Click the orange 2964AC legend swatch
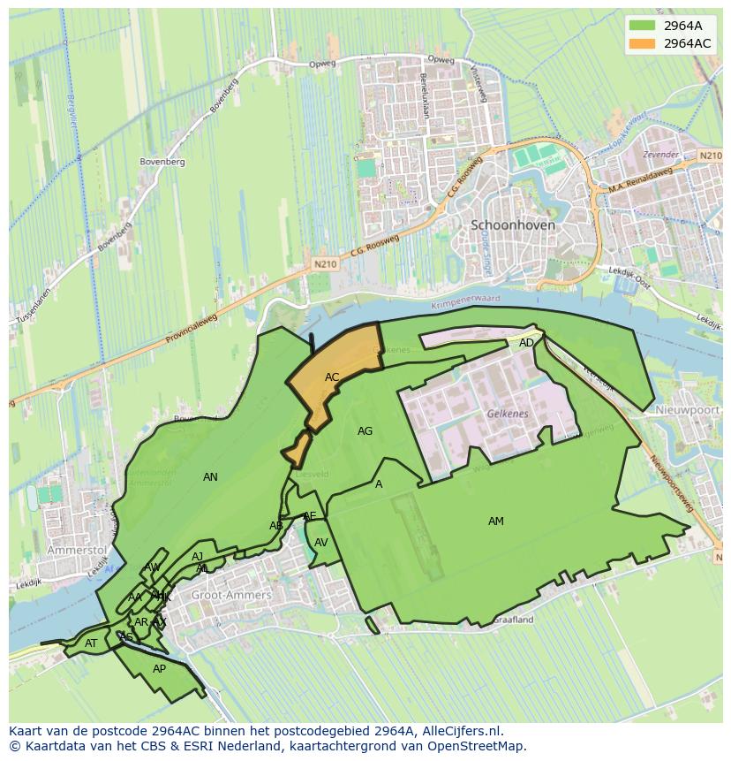643,43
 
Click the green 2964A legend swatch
643,26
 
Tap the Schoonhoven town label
513,225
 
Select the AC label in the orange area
332,377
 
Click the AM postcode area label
496,521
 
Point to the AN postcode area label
210,477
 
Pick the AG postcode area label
365,431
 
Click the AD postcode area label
526,343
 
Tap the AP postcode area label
159,669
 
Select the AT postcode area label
91,643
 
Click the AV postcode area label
321,543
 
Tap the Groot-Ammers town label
231,596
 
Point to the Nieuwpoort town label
690,412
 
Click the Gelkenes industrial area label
507,414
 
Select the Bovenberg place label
162,162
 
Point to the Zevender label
661,155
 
